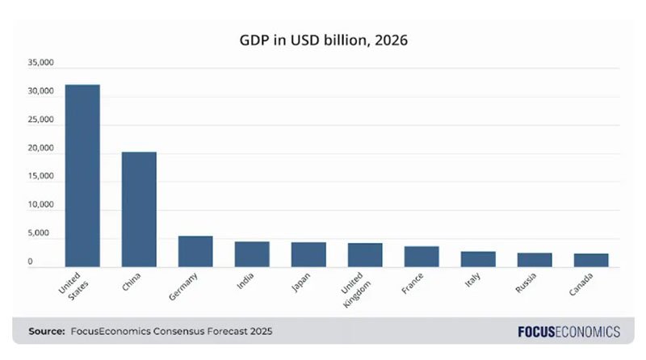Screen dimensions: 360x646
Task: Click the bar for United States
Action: coord(82,175)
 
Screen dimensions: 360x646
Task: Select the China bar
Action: coord(139,209)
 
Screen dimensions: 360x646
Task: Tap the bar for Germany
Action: coord(195,251)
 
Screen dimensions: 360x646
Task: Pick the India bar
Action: coord(252,254)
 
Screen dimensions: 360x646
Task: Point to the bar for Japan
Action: coord(308,254)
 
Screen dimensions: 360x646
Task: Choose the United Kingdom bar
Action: coord(365,255)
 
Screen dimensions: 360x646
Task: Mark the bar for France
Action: coord(422,257)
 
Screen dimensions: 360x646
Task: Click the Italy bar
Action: coord(478,259)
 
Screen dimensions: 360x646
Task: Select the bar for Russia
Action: coord(535,260)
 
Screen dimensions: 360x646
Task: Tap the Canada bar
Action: coord(591,260)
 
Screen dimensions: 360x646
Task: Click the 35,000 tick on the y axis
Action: coord(40,63)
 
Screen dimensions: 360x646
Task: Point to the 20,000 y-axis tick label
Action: coord(40,149)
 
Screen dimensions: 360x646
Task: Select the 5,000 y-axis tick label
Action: coord(43,234)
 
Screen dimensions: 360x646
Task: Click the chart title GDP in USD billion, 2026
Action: coord(323,39)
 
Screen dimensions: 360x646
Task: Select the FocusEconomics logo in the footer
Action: coord(568,331)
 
